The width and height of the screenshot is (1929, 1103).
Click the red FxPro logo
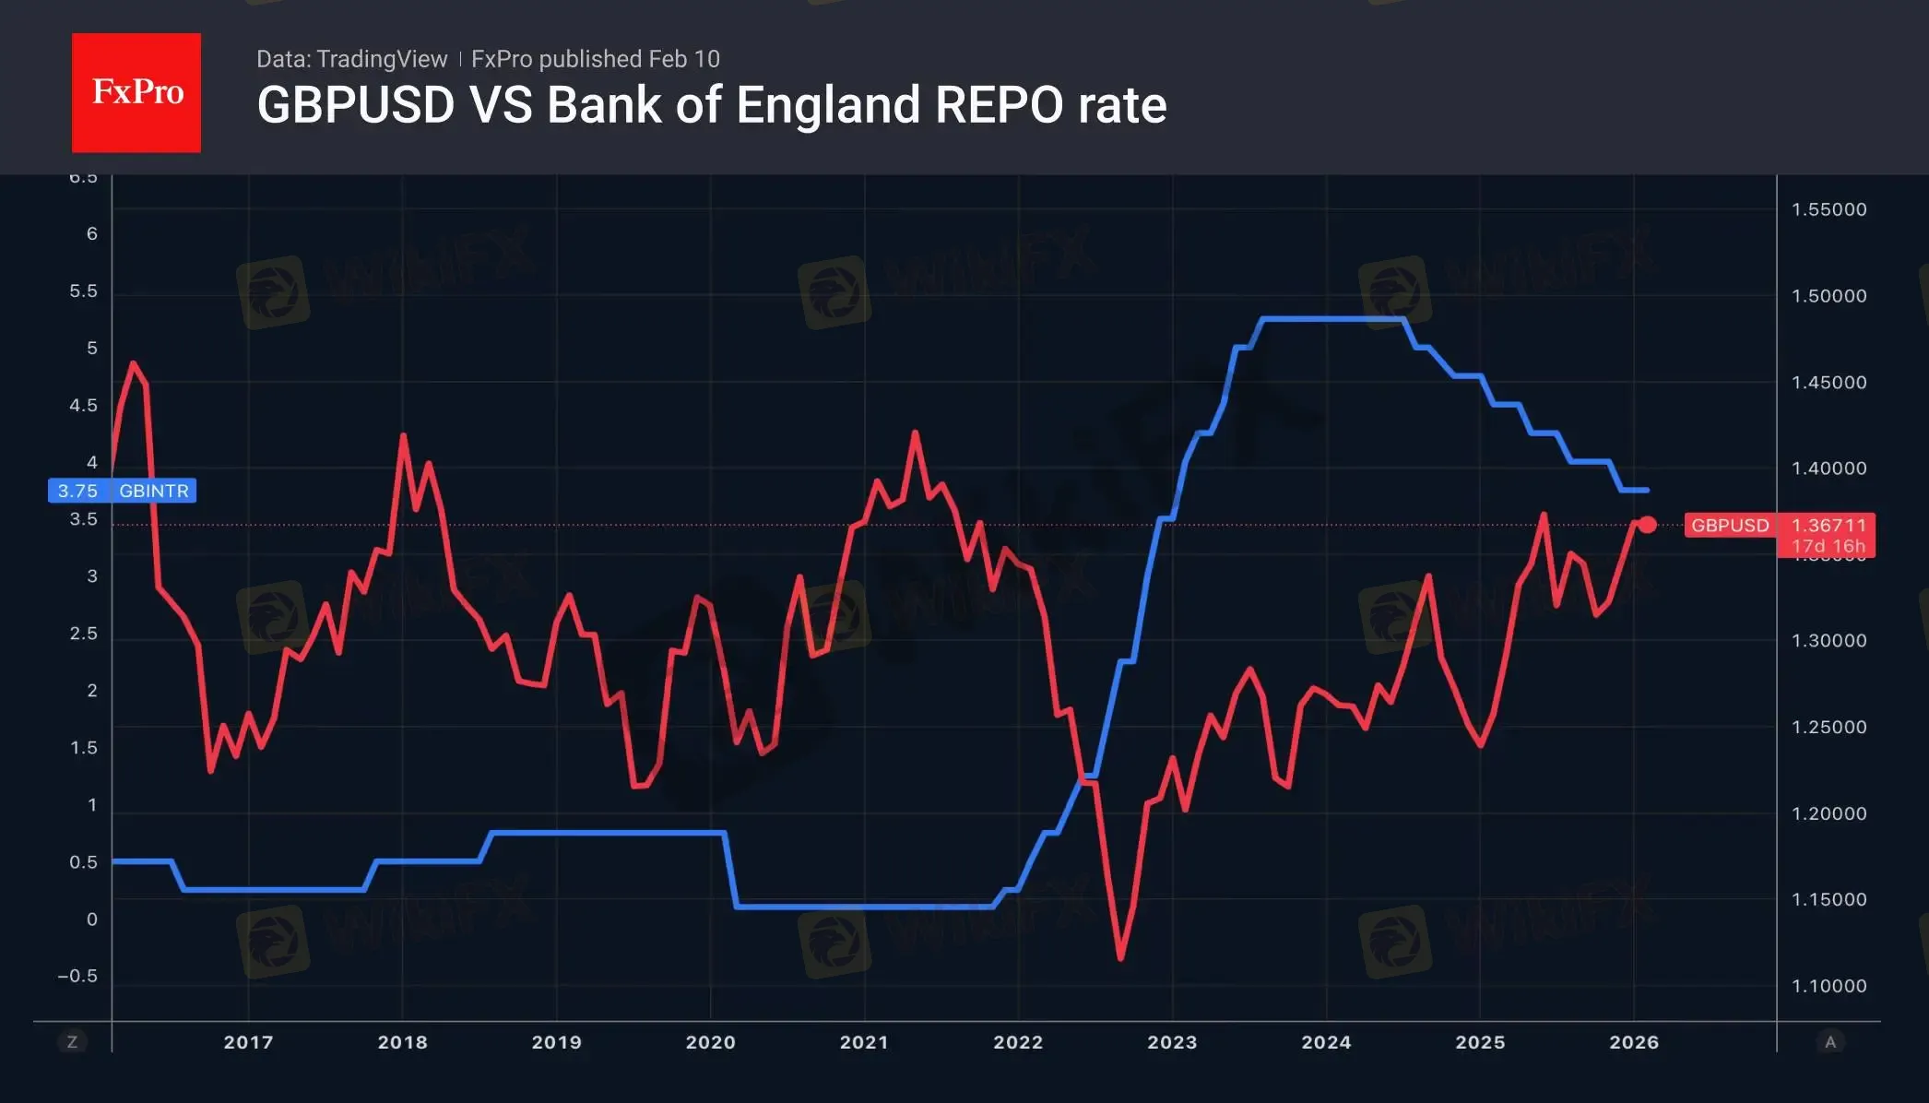pos(136,92)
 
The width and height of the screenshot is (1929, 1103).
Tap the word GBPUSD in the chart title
pos(356,105)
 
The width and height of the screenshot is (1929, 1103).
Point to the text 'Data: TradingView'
pos(351,59)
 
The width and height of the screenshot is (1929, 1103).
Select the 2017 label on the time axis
pos(248,1042)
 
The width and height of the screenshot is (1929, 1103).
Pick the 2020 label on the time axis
pos(710,1042)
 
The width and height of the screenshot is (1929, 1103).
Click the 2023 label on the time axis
pos(1172,1042)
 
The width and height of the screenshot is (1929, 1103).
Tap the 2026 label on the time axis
pos(1634,1042)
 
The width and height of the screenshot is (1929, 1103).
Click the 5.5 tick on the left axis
pos(83,291)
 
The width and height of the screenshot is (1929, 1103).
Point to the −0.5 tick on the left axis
pos(77,976)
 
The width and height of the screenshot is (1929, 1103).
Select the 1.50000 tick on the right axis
pos(1828,296)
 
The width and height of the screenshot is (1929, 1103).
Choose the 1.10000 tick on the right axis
pos(1828,986)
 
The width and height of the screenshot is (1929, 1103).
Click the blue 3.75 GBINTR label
pos(122,491)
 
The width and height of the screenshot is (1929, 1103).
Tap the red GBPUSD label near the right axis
pos(1730,526)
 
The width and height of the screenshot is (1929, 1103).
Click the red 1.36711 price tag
pos(1828,526)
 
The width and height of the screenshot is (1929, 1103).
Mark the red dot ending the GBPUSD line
pos(1647,525)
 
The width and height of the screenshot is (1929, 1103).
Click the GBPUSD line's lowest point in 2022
pos(1121,958)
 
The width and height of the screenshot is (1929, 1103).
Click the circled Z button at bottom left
pos(72,1042)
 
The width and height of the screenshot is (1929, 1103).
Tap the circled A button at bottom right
pos(1830,1042)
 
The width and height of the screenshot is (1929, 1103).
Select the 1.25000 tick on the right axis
pos(1828,727)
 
